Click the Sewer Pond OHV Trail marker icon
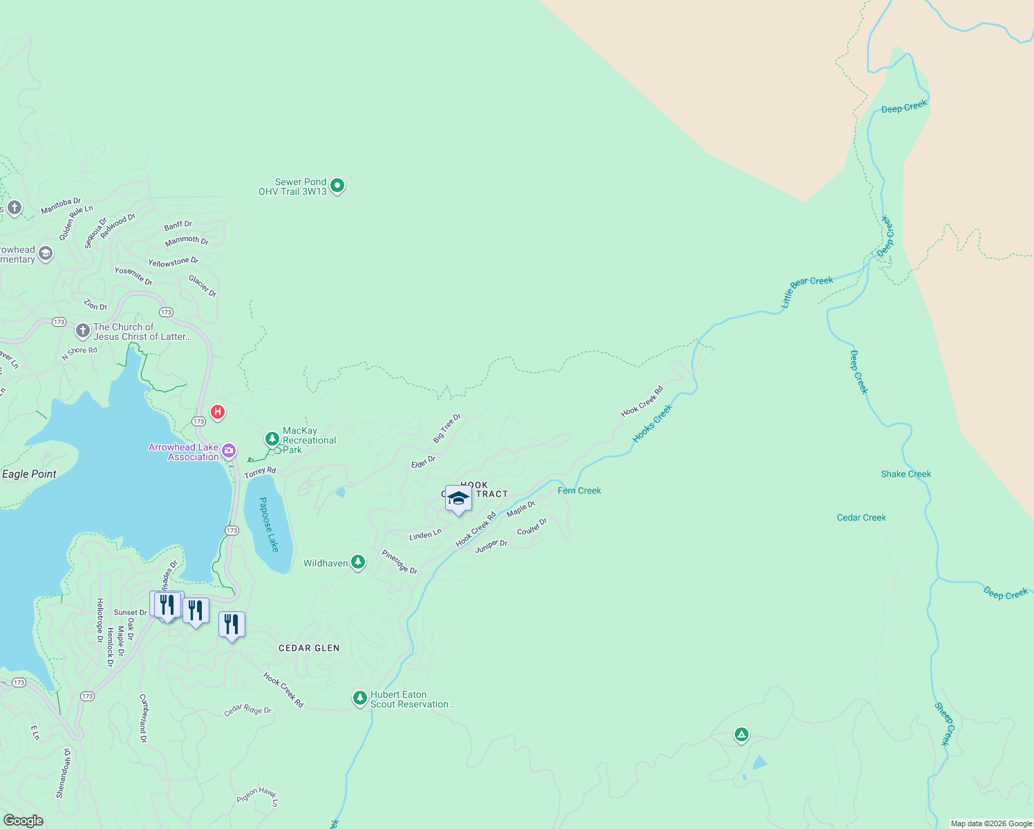[337, 185]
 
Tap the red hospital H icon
[218, 412]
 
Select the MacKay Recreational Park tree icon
[272, 439]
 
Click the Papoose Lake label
[269, 524]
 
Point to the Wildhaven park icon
[358, 562]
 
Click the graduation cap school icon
[458, 498]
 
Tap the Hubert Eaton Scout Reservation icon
[359, 698]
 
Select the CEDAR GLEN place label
[309, 648]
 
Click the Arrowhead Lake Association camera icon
[229, 451]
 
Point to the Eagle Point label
[29, 474]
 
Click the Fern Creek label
[579, 490]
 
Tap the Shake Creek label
[905, 474]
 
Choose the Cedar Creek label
[861, 517]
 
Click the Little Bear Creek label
[807, 290]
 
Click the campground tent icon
[742, 734]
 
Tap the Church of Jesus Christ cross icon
[83, 331]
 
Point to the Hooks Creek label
[652, 423]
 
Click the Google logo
[23, 820]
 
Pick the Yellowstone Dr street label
[173, 262]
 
